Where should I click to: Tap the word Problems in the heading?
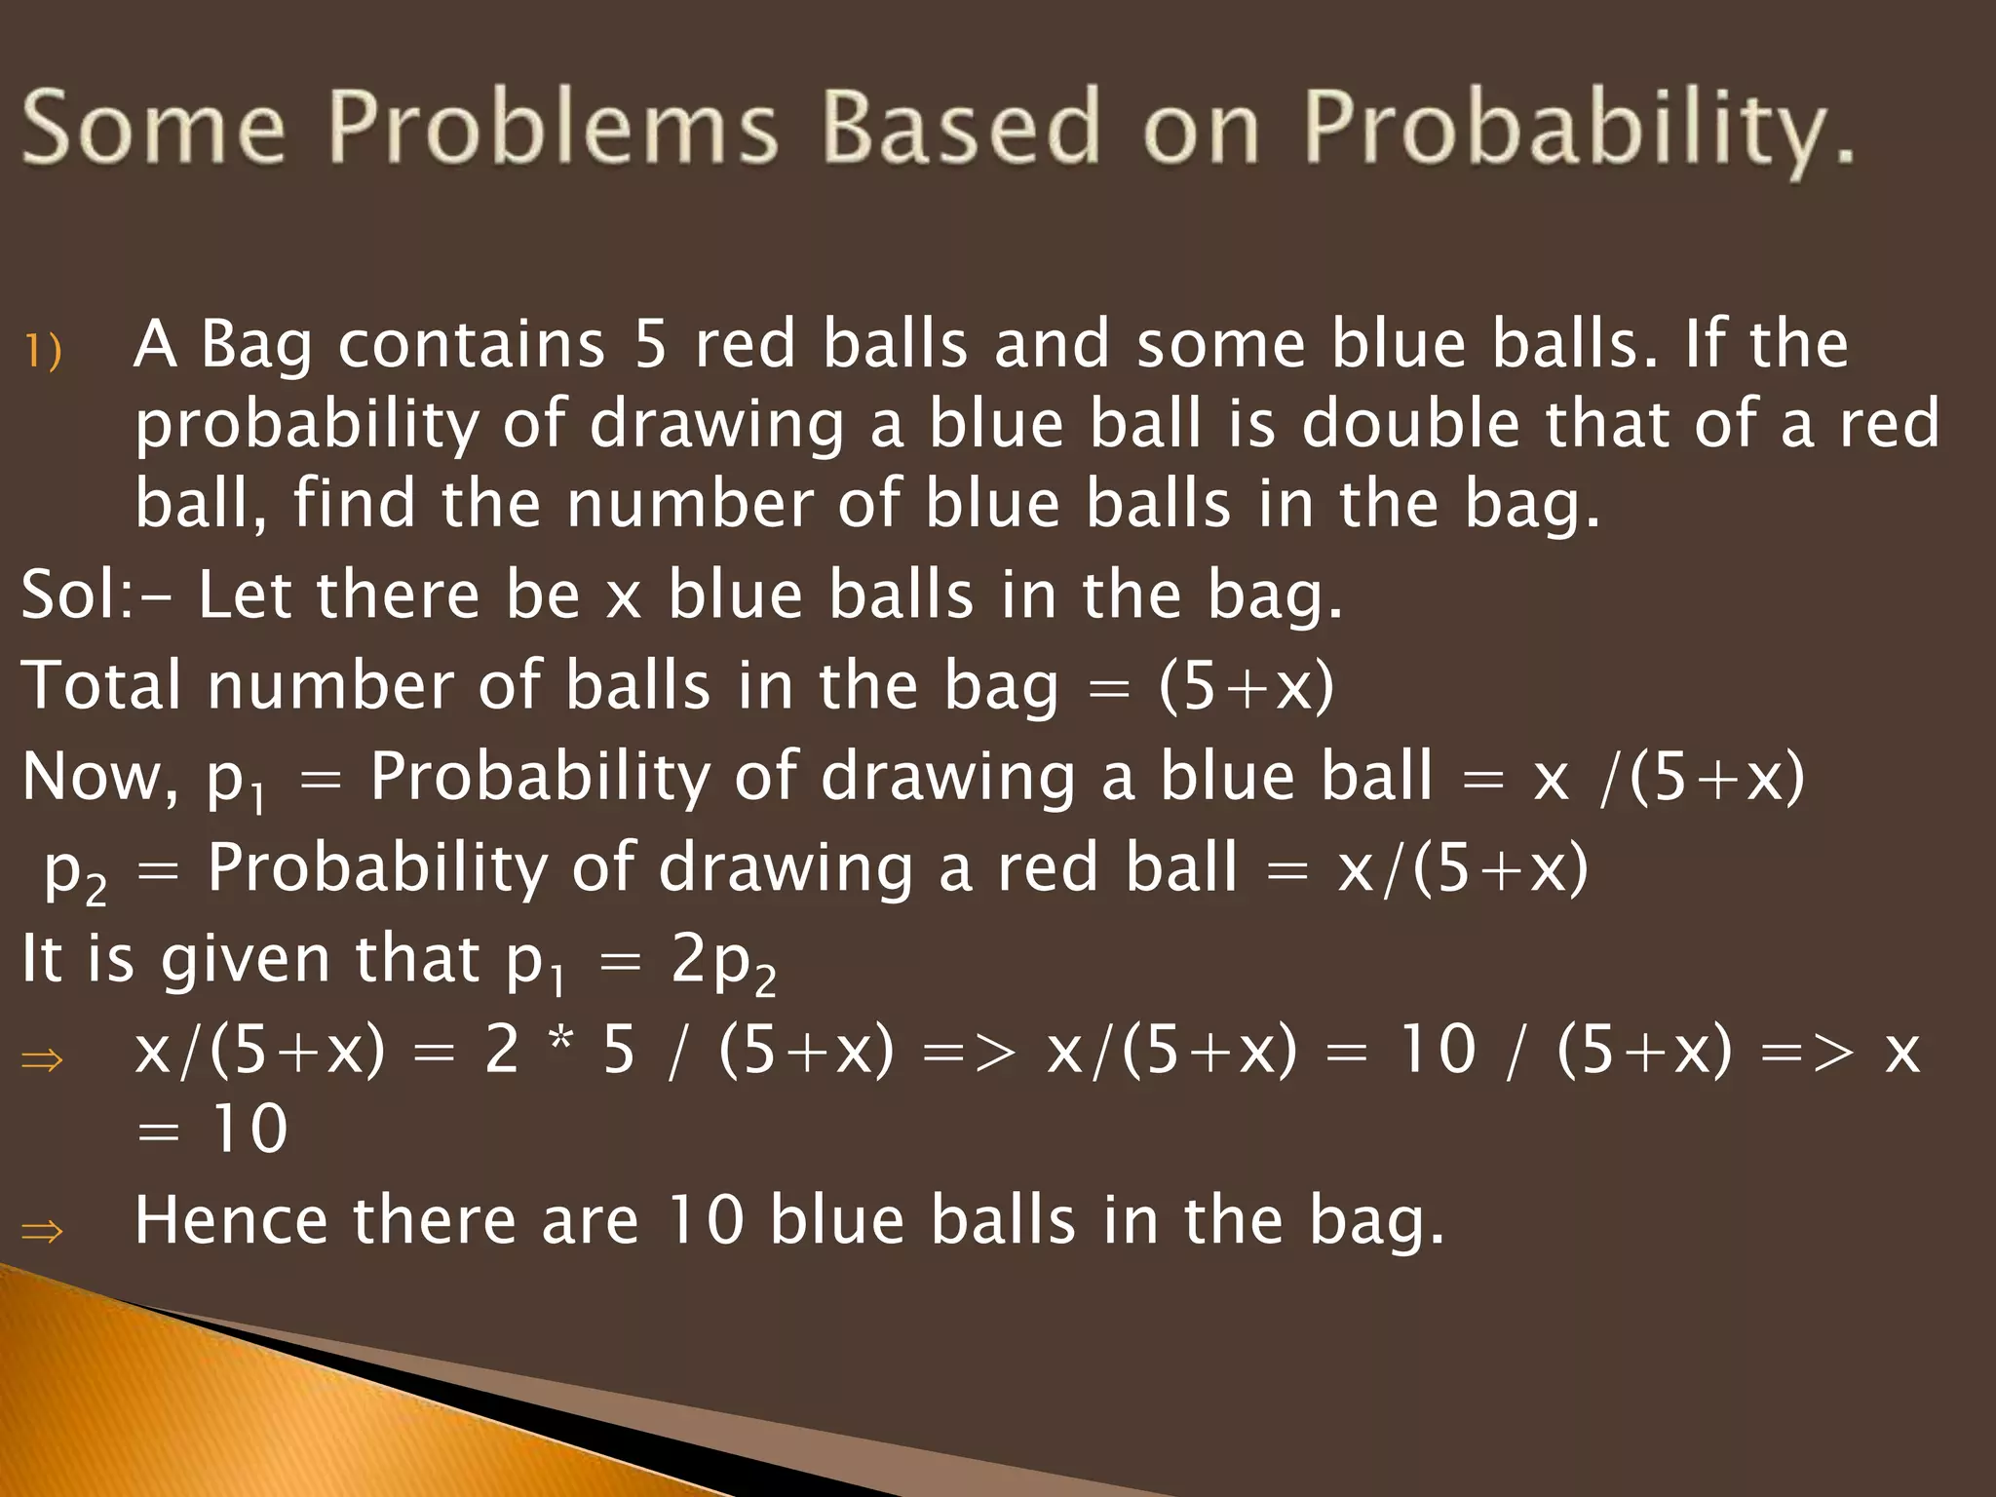[552, 127]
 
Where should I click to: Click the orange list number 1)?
[43, 351]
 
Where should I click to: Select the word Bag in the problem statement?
[256, 347]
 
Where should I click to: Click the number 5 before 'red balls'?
[650, 345]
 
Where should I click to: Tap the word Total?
[101, 685]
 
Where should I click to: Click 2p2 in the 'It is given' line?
[723, 964]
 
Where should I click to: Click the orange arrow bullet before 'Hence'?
[42, 1231]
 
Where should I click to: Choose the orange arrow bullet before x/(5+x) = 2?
[42, 1059]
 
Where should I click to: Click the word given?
[246, 961]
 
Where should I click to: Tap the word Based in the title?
[961, 127]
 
